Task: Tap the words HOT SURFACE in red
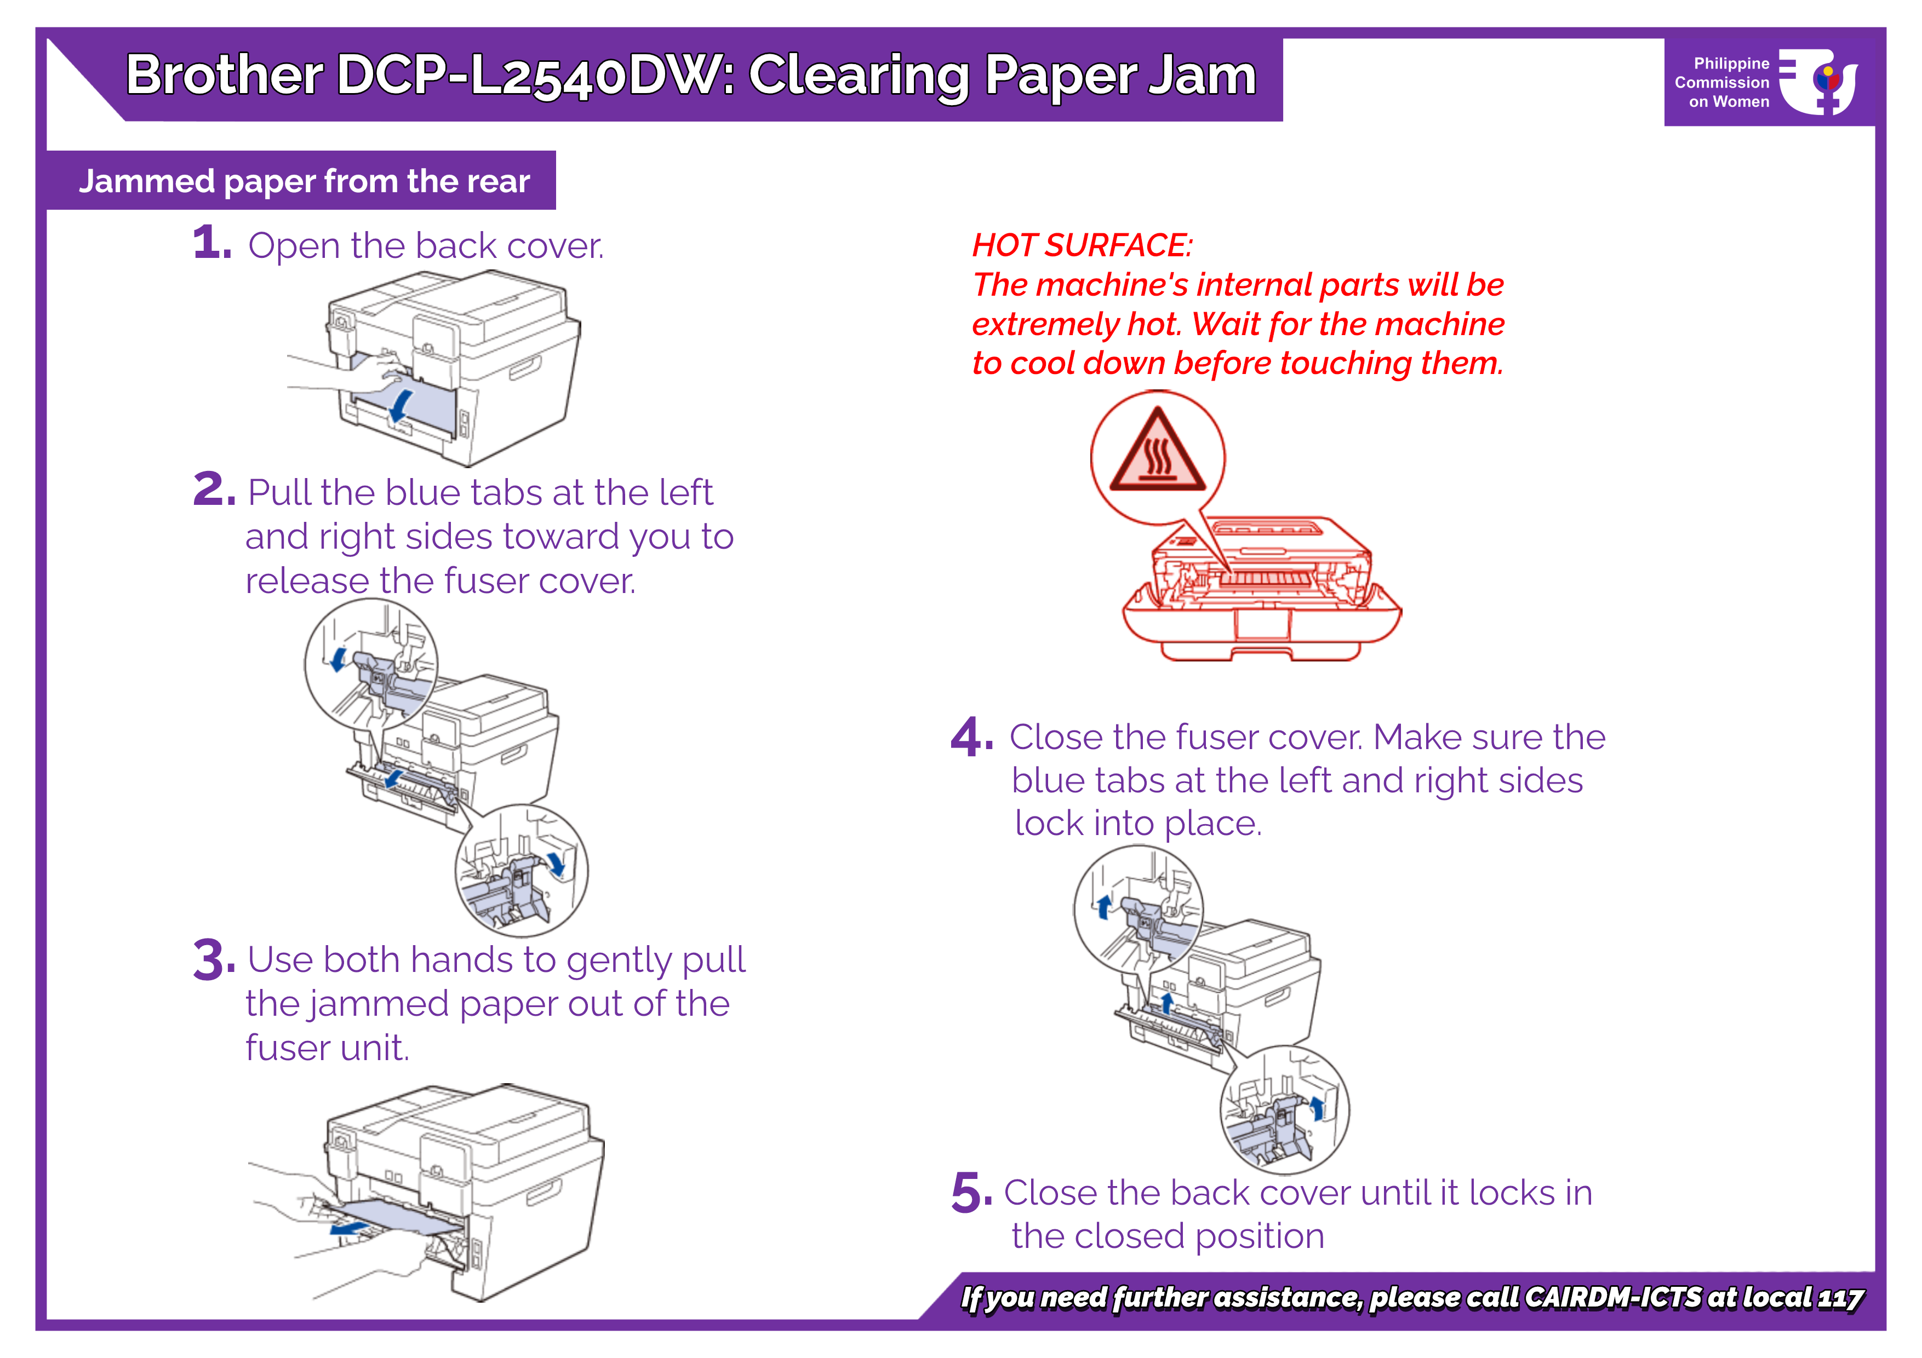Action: [1082, 245]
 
